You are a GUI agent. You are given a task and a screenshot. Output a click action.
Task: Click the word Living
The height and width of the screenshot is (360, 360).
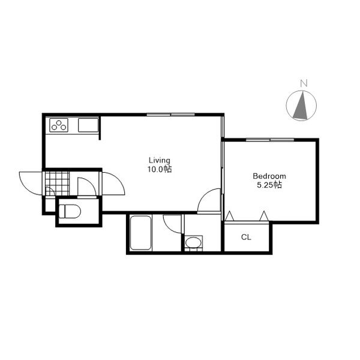click(160, 160)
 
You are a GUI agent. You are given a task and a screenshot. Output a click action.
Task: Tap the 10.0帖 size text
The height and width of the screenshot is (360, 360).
click(160, 169)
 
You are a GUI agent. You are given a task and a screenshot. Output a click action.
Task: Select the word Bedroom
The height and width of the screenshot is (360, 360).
click(269, 176)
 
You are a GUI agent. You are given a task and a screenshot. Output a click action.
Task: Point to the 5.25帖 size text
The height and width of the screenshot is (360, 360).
click(269, 185)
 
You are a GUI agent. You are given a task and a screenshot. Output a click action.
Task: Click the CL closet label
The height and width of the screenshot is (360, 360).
click(246, 237)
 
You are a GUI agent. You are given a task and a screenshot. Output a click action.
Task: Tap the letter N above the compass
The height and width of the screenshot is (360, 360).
click(304, 83)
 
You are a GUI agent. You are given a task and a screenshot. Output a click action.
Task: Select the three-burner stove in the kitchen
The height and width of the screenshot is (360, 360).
click(59, 125)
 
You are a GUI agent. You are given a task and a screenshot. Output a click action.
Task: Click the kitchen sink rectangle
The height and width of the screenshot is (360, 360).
click(88, 125)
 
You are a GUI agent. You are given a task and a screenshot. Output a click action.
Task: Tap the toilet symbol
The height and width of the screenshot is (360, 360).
click(70, 211)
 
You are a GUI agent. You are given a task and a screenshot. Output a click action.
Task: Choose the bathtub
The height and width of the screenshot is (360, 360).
click(140, 233)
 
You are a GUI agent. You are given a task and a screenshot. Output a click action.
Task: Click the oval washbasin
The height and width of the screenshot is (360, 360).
click(193, 242)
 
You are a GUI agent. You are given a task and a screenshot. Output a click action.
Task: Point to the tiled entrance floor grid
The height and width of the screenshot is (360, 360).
click(57, 184)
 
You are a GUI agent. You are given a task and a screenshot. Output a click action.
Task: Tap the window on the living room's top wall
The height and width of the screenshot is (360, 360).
click(170, 115)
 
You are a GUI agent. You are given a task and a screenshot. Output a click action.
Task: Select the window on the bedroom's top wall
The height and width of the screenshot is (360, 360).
click(270, 140)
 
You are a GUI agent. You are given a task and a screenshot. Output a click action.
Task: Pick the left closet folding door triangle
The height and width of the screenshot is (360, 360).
click(229, 216)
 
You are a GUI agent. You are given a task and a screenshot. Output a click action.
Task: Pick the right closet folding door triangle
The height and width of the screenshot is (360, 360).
click(264, 216)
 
